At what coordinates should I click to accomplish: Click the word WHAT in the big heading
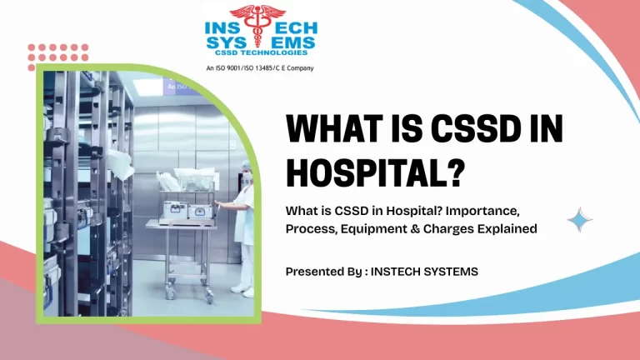(336, 131)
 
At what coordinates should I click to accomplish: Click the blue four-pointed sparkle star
(580, 220)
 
